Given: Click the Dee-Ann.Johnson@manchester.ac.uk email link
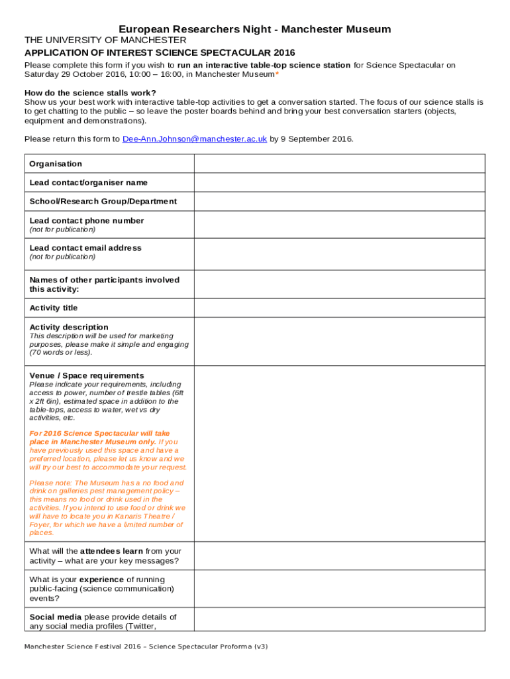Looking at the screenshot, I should tap(195, 139).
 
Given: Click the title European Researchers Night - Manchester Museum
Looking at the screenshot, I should tap(255, 29).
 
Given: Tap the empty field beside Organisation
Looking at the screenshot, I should tap(339, 164).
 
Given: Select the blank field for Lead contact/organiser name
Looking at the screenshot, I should tap(339, 182).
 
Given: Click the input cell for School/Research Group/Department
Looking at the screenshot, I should tap(339, 202).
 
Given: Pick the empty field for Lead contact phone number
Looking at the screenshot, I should tap(339, 225).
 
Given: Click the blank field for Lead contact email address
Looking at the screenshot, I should tap(339, 252).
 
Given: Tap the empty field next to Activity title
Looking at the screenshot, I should tap(339, 308).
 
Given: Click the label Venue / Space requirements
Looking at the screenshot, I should tap(87, 375).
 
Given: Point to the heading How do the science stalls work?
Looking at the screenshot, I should tap(90, 93).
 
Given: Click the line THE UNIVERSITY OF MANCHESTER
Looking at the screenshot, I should tap(105, 40).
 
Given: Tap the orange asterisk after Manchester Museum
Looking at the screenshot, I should tap(277, 74).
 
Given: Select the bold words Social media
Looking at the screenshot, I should tap(56, 617).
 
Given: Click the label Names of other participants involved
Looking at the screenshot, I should tap(104, 280).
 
